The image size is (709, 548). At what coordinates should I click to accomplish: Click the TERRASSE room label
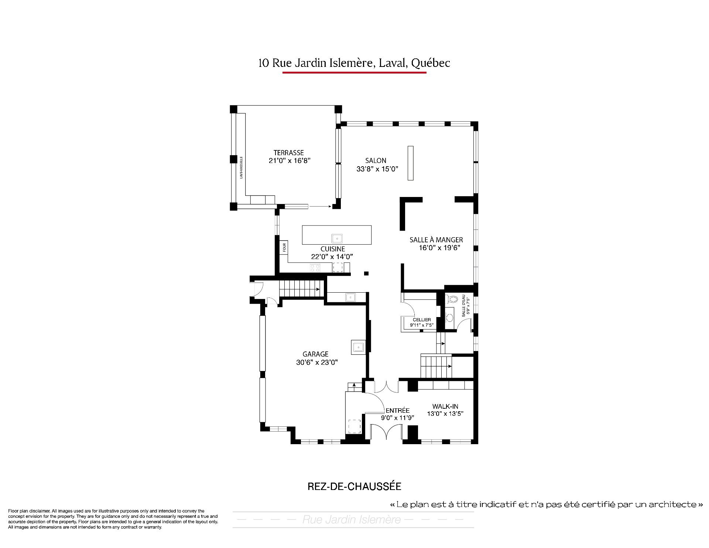pos(288,153)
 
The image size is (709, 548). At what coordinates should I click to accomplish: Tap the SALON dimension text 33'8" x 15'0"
pos(377,169)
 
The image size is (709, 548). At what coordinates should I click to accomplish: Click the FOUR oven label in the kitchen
pos(284,247)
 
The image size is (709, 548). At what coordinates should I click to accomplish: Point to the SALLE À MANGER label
pos(436,240)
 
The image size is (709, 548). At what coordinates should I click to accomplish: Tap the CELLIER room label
pos(422,320)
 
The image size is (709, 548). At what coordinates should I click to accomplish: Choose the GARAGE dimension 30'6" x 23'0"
pos(317,363)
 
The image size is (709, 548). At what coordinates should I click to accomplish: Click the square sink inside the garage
pos(358,347)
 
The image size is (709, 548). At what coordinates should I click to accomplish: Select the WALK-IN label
pos(445,406)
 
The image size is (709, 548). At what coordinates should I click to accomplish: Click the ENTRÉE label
pos(397,411)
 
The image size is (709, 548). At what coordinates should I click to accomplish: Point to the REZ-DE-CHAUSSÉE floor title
pos(354,486)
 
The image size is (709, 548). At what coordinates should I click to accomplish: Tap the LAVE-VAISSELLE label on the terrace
pos(241,167)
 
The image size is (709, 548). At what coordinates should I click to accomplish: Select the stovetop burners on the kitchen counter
pos(315,268)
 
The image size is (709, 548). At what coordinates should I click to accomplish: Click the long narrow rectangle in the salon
pos(410,163)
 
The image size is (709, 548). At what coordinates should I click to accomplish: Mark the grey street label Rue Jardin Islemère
pos(352,520)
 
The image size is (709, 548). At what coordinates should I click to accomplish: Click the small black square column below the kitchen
pos(366,273)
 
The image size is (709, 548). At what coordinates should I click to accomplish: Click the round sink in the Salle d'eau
pos(449,317)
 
